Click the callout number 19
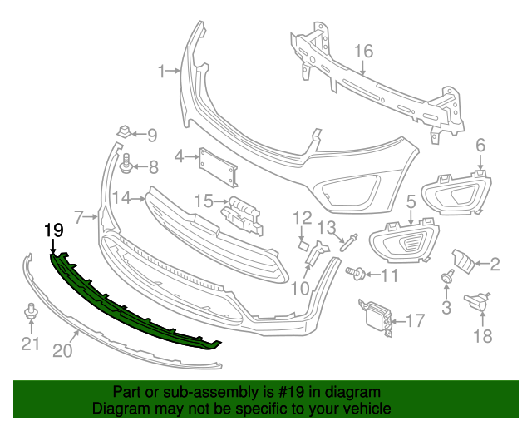coord(53,229)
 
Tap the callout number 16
coord(364,52)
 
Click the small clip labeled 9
coord(123,131)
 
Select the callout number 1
coord(163,72)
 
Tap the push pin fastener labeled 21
coord(31,314)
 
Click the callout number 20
coord(63,352)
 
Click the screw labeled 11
coord(355,272)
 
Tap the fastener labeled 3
coord(448,279)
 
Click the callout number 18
coord(482,336)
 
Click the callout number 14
coord(123,198)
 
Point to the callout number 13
coord(327,227)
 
